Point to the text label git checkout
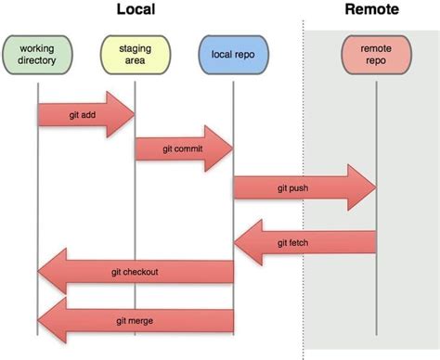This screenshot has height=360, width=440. coord(135,273)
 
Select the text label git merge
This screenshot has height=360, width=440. coord(135,320)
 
